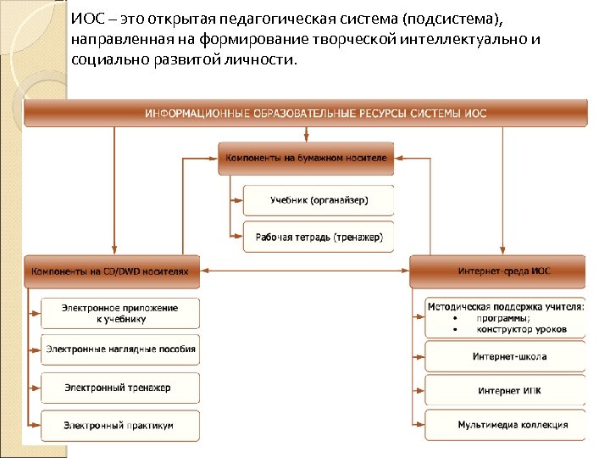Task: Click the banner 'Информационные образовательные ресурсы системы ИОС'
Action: click(305, 113)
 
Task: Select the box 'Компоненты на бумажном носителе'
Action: click(307, 158)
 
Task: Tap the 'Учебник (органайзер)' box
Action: click(319, 200)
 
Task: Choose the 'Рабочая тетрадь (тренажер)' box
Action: click(319, 237)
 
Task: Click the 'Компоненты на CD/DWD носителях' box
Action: click(112, 271)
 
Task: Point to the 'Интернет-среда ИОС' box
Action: click(497, 271)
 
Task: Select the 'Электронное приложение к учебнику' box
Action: click(120, 313)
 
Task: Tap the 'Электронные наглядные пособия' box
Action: click(120, 349)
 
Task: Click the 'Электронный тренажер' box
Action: click(120, 388)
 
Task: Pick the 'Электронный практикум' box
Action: click(120, 425)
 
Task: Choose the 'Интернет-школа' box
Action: click(506, 356)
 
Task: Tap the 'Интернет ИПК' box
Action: click(506, 391)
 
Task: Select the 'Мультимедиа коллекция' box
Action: click(506, 425)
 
